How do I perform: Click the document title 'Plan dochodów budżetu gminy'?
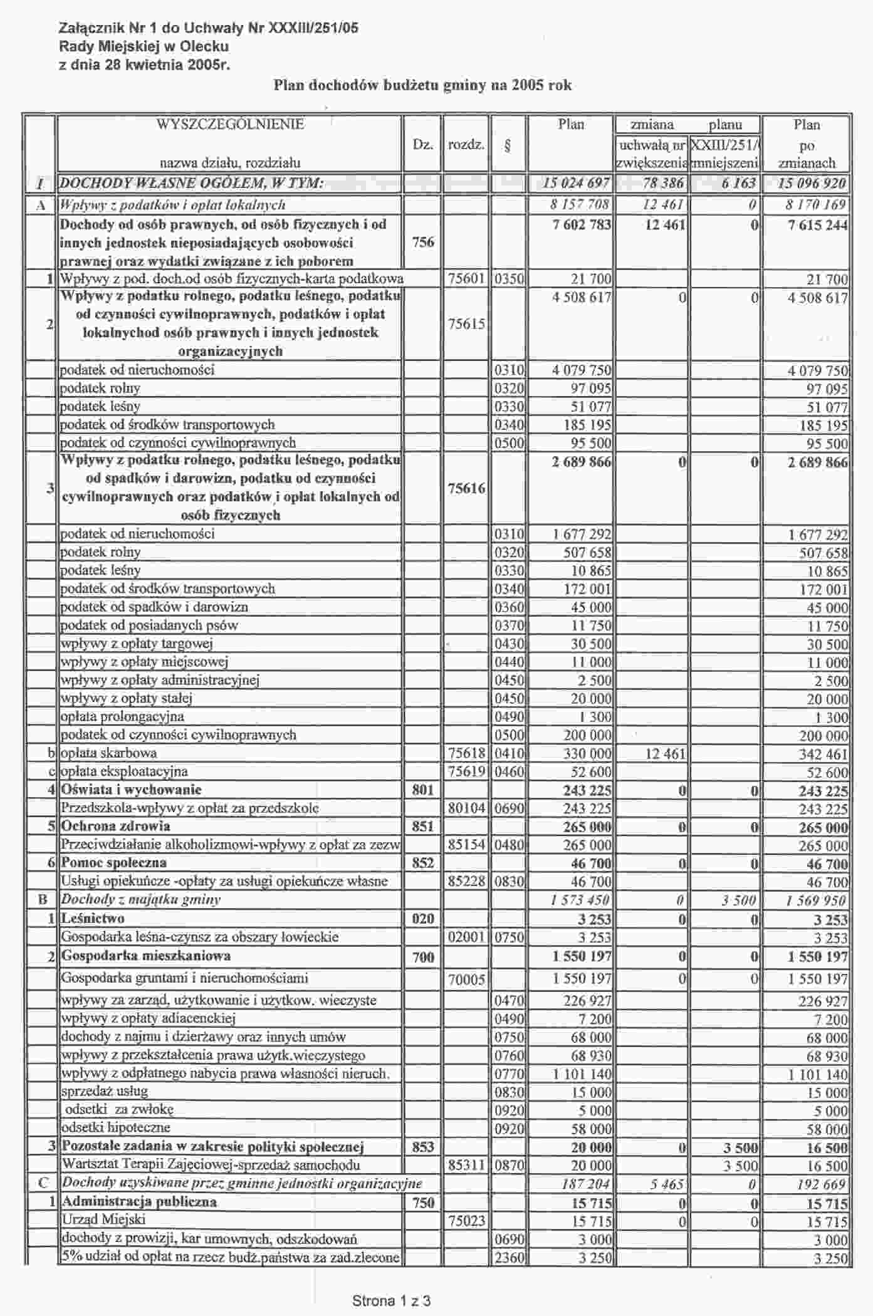coord(422,85)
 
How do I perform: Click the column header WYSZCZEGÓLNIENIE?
coord(230,124)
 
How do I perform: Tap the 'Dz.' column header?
coord(423,145)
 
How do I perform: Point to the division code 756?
coord(423,242)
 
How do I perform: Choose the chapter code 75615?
coord(466,324)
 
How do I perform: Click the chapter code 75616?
coord(466,488)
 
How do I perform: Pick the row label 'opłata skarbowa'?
coord(108,753)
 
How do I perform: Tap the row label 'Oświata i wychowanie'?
coord(131,790)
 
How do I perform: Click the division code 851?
coord(423,826)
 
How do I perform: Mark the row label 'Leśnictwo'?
coord(93,919)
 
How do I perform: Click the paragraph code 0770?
coord(509,1074)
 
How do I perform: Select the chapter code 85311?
coord(466,1165)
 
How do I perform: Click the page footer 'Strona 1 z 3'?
coord(391,1301)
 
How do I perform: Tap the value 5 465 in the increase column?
coord(667,1184)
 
